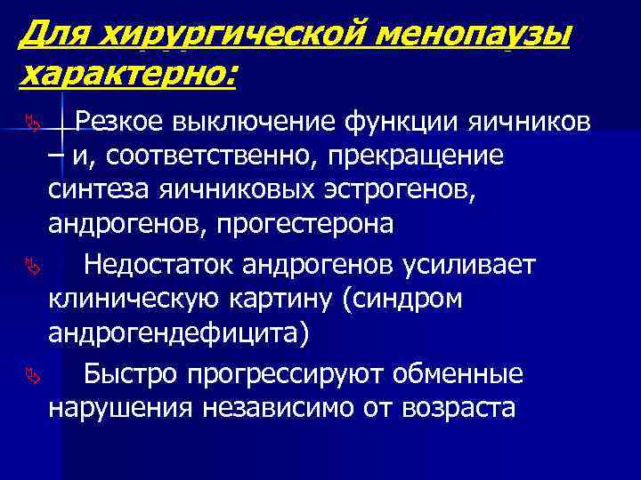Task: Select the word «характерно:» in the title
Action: click(127, 76)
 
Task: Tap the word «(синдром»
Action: click(402, 299)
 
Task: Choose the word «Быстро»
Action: click(130, 374)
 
